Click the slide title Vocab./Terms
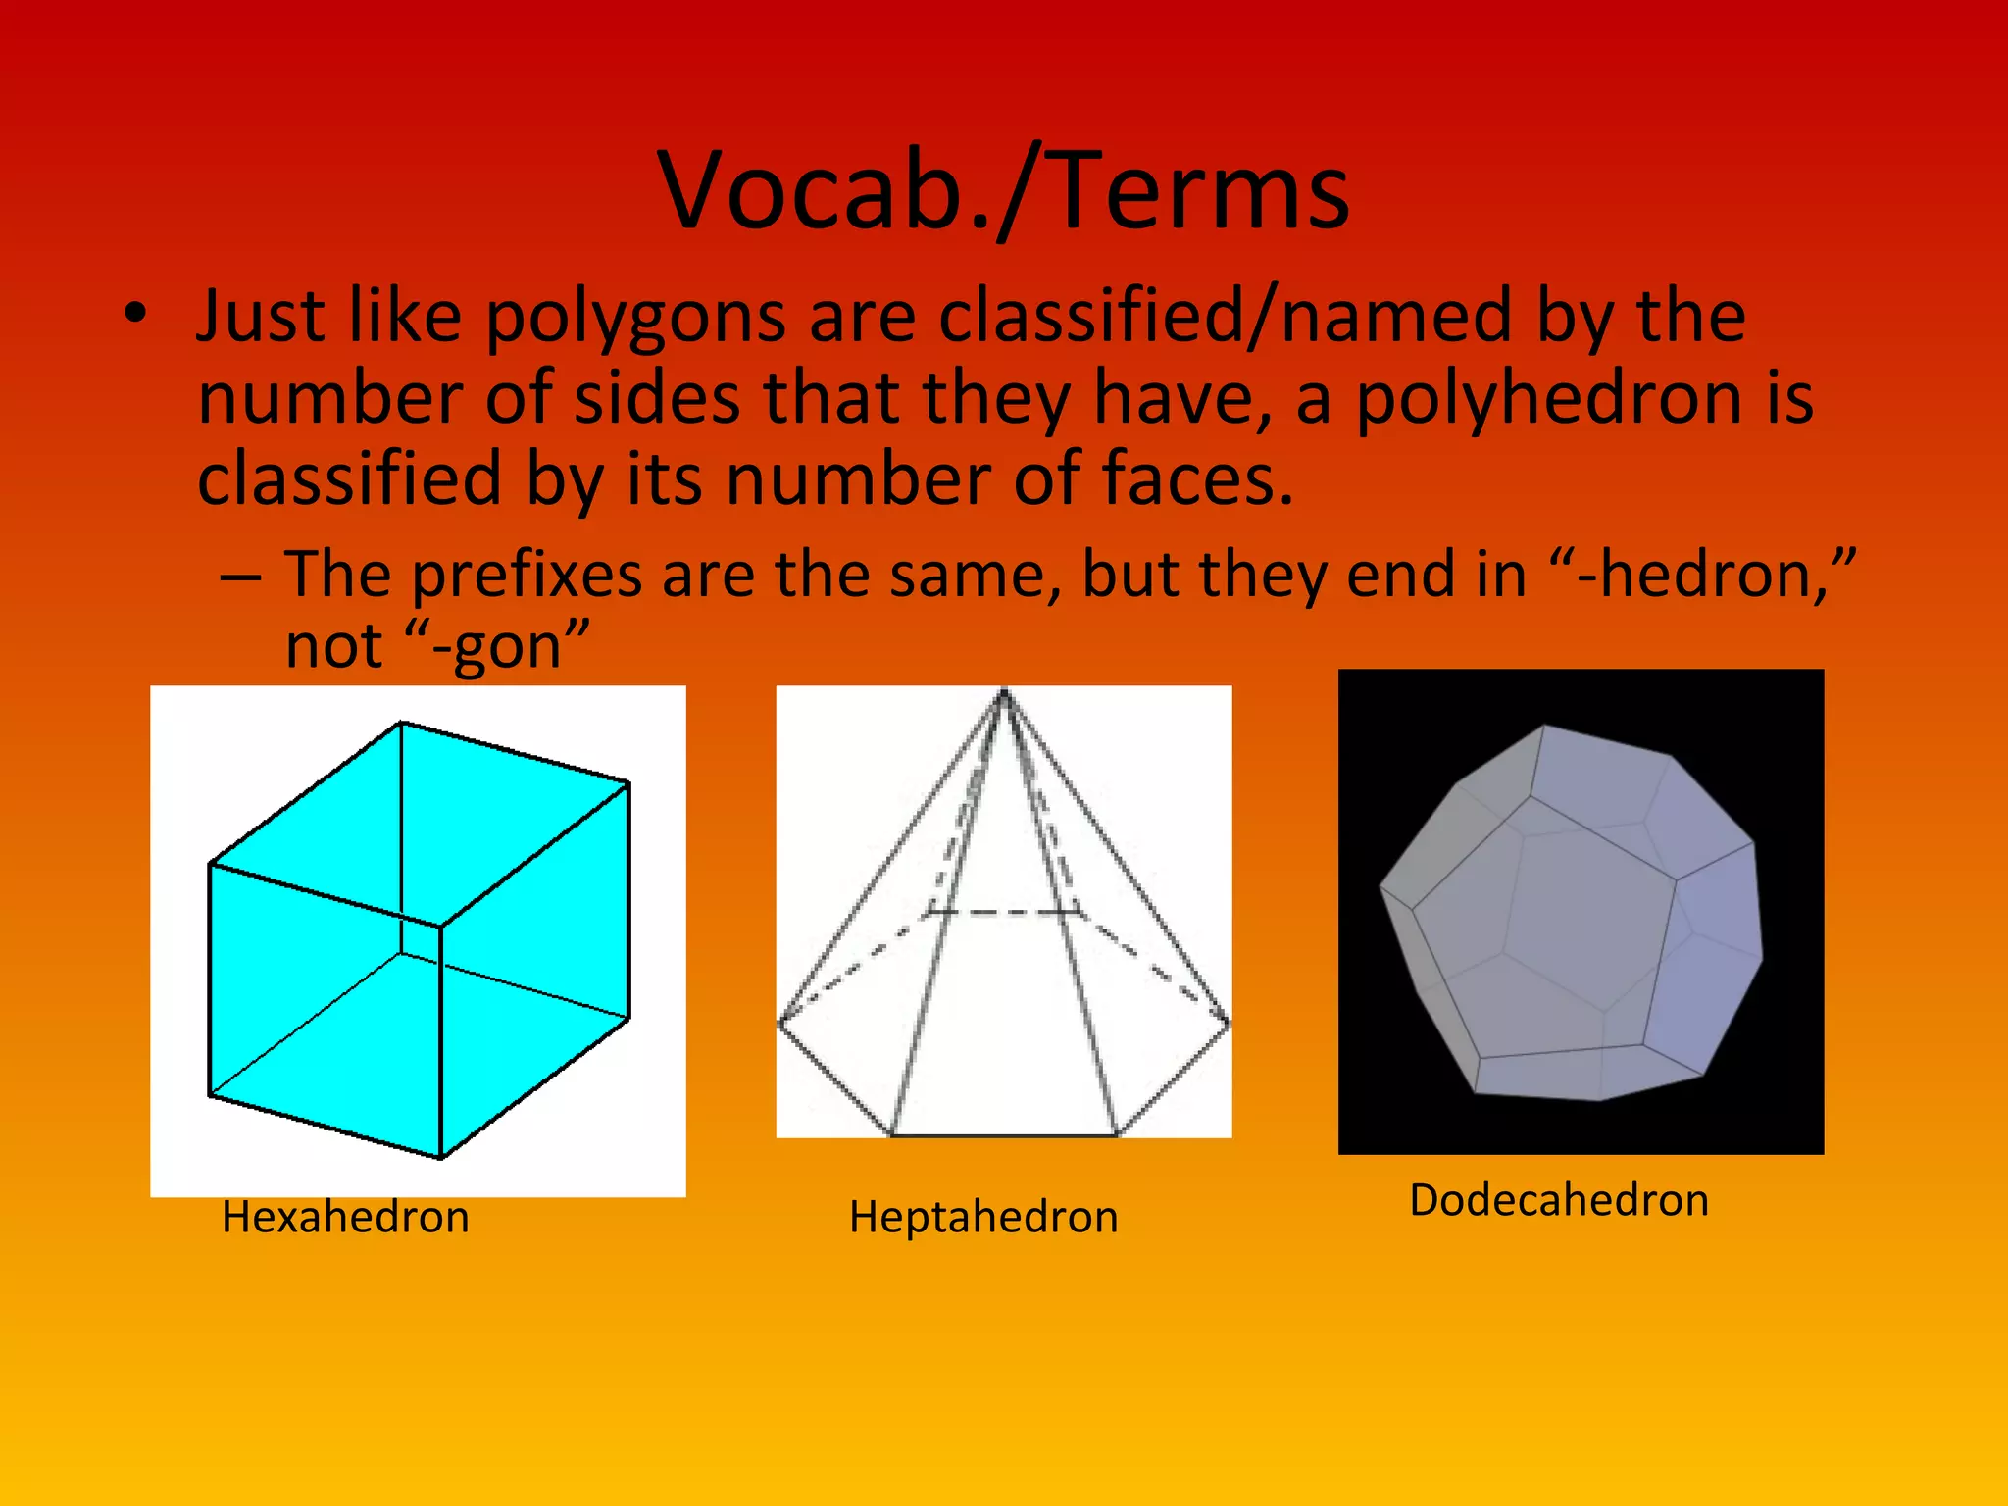[1004, 191]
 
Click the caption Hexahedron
[345, 1217]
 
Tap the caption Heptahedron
[983, 1217]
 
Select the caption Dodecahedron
[1559, 1200]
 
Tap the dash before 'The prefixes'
[241, 577]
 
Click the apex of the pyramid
[1003, 693]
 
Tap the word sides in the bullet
[657, 399]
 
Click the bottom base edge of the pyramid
[1003, 1135]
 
